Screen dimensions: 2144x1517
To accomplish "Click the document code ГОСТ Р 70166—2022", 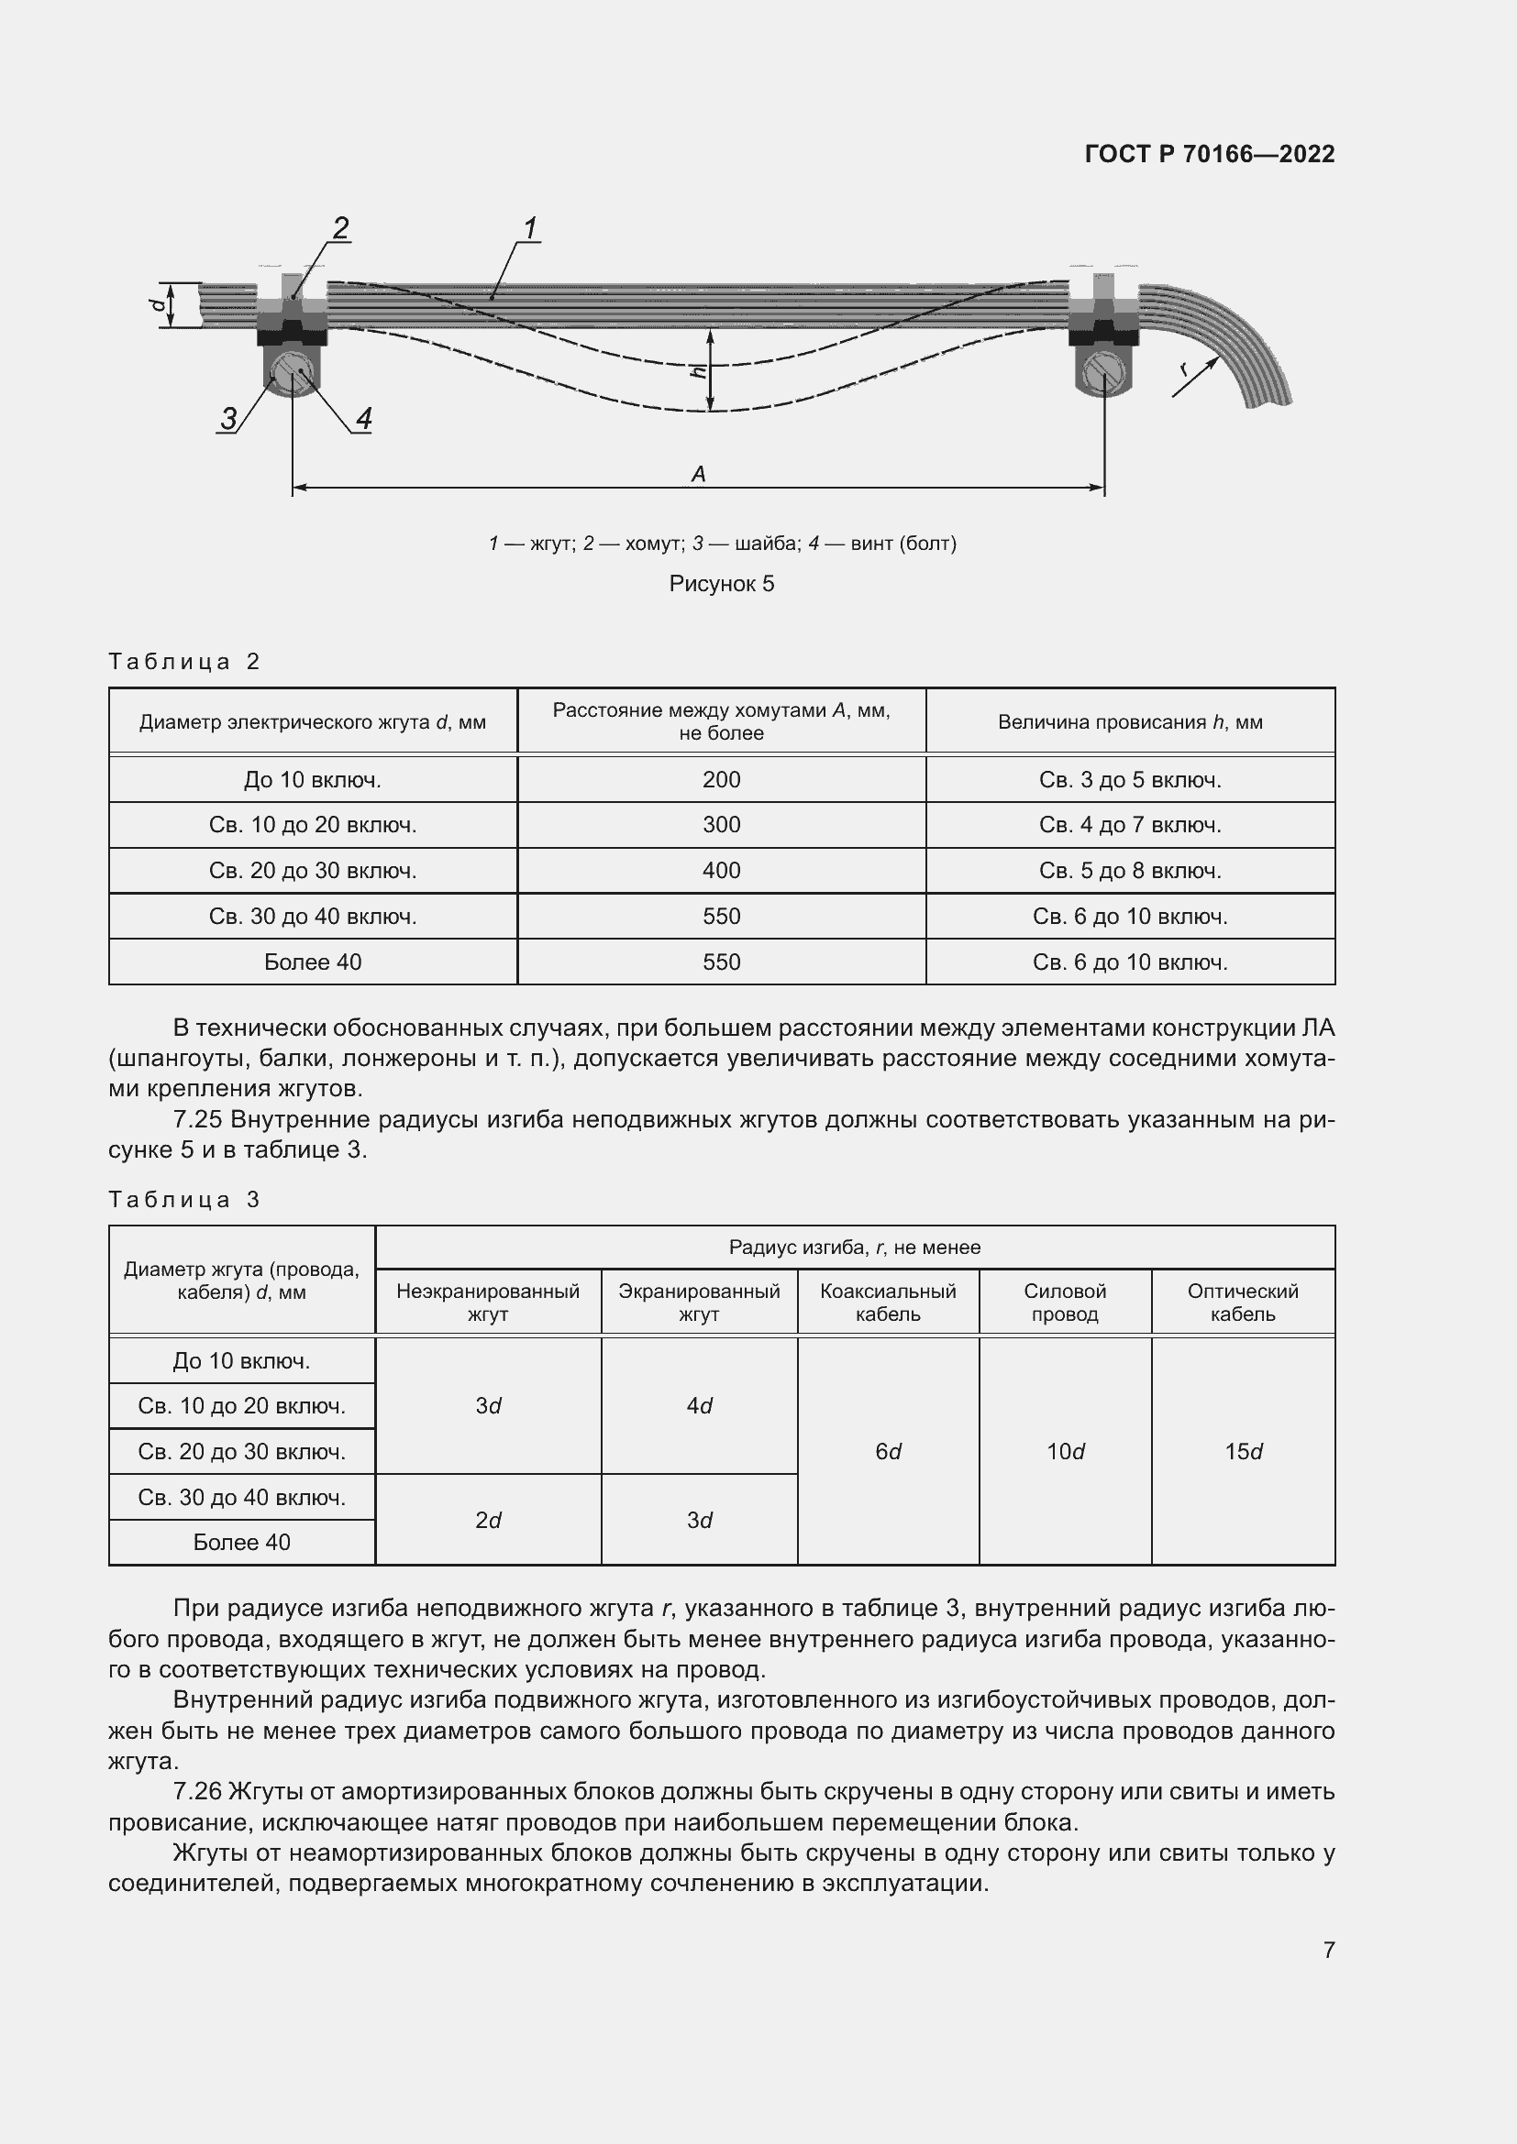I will coord(1209,154).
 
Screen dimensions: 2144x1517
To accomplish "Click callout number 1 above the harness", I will coord(530,227).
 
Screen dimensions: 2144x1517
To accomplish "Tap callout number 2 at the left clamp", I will coord(341,227).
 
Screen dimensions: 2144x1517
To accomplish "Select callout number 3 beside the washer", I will coord(229,418).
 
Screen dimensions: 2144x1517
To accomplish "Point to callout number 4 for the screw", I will coord(363,418).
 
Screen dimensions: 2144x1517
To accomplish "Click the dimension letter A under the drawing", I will coord(698,475).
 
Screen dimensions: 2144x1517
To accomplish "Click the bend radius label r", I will coord(1186,368).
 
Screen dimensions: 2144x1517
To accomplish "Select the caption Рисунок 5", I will coord(721,585).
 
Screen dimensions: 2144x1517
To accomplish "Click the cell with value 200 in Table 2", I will coord(721,780).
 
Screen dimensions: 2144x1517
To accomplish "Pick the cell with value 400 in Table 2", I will coord(721,871).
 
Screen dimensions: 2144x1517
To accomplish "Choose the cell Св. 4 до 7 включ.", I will coord(1129,826).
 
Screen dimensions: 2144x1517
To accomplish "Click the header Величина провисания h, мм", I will coord(1129,721).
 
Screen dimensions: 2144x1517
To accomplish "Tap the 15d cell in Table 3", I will coord(1243,1452).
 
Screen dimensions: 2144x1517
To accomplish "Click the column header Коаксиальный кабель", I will coord(888,1303).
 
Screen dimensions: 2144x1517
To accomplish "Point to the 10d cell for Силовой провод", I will coord(1065,1452).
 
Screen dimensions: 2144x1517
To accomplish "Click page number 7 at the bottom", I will coord(1328,1950).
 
